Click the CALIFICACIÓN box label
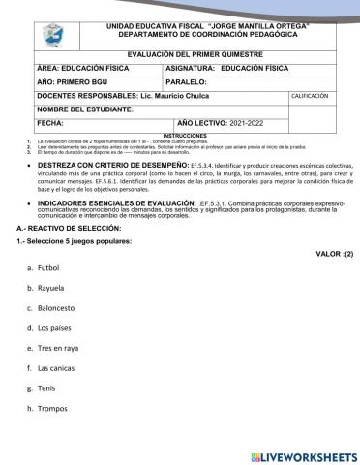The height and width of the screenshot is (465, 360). (x=312, y=97)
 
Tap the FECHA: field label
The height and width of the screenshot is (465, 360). (x=50, y=124)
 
